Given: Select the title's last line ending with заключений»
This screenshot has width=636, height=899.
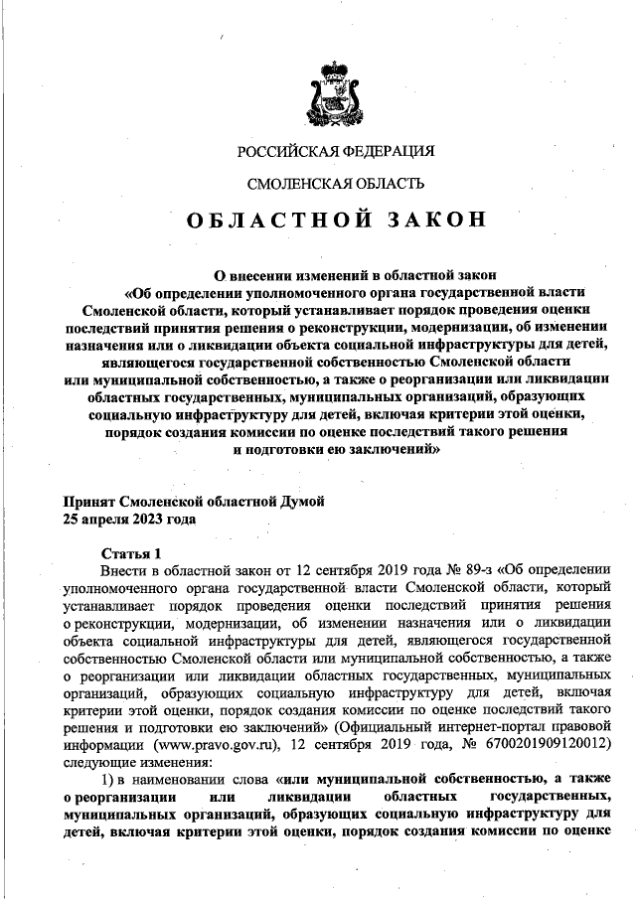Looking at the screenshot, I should (x=335, y=449).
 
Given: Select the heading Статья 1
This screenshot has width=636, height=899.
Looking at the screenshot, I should (x=130, y=552).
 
